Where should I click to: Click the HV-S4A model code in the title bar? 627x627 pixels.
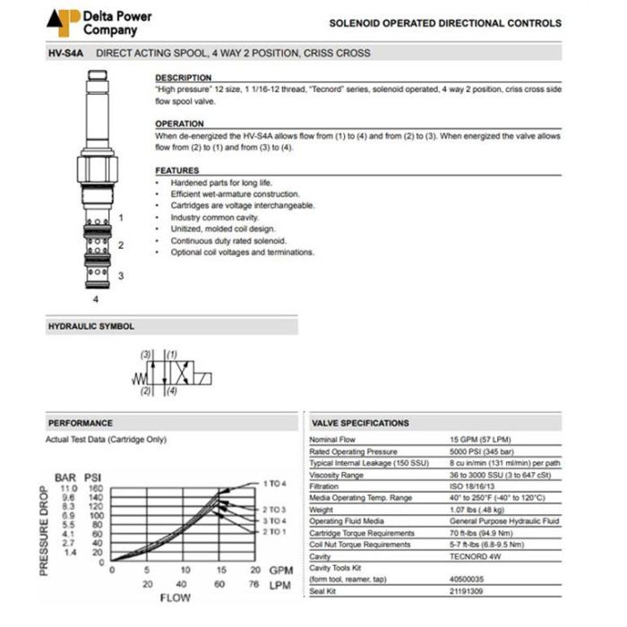64,53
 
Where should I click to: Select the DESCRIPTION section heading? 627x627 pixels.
184,78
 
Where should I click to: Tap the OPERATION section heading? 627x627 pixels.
180,124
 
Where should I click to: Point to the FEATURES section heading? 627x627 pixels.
177,170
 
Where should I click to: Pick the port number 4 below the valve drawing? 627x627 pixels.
96,297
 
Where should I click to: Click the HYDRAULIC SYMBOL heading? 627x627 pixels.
90,327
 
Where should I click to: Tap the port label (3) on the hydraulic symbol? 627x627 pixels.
145,355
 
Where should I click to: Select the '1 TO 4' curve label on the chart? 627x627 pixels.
274,484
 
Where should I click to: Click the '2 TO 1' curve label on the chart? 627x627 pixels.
274,531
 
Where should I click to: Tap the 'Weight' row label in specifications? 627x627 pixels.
322,510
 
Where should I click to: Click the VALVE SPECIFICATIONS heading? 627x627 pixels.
360,423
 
